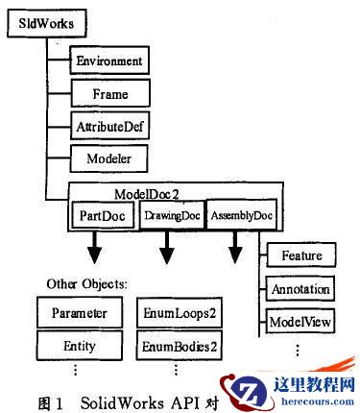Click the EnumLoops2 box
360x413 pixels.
176,313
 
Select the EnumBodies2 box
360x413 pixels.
176,344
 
